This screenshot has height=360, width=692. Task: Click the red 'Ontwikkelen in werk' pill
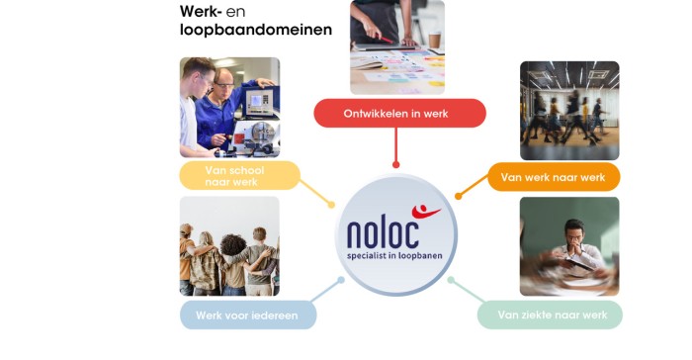coord(399,114)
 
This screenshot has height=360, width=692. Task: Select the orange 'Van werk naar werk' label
coord(553,177)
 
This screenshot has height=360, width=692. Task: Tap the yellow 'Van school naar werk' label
coord(238,176)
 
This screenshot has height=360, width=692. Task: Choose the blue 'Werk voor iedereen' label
coord(247,315)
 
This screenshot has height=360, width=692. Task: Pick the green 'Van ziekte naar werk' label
coord(550,315)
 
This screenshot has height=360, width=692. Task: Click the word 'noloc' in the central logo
coord(383,233)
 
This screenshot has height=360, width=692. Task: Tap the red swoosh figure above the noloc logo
coord(425,211)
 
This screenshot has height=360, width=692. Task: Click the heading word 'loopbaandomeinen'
coord(256,30)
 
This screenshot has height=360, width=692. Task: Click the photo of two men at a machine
coord(229,107)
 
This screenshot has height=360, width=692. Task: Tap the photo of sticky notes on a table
coord(397,47)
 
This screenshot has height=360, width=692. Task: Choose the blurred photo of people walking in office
coord(569,110)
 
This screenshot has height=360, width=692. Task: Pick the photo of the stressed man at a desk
coord(569,246)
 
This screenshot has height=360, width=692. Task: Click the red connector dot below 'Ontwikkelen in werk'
coord(396,165)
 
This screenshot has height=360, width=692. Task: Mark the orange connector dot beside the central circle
coord(458,196)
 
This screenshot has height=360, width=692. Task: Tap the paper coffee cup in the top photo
coord(434,41)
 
